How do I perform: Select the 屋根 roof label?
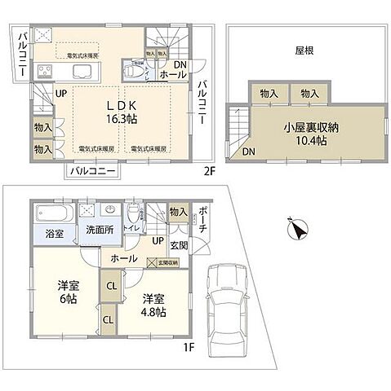tap(305, 50)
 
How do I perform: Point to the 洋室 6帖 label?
tap(68, 292)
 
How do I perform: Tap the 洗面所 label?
tap(100, 230)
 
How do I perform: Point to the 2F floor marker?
tap(208, 172)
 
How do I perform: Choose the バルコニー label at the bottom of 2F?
tap(91, 171)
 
